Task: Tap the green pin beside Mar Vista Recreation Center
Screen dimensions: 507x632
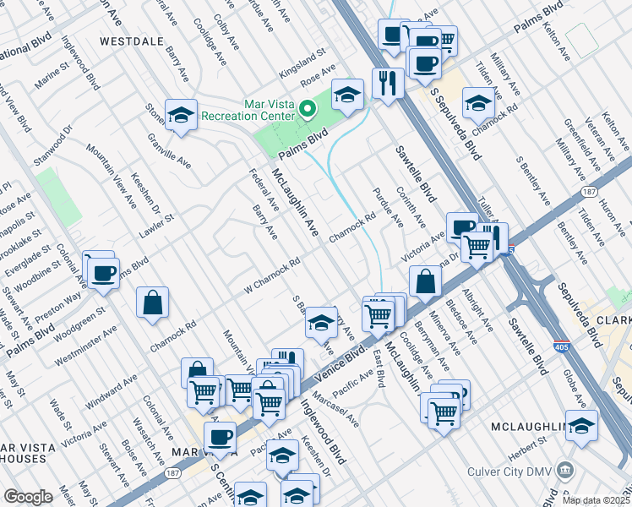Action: tap(308, 108)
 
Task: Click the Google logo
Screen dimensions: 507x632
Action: tap(28, 497)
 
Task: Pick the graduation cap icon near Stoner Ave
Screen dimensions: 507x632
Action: tap(181, 116)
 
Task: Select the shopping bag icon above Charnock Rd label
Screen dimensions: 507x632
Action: tap(152, 302)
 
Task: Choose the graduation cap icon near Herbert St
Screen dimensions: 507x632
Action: tap(581, 425)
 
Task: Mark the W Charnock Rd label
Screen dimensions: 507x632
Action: tap(272, 272)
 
